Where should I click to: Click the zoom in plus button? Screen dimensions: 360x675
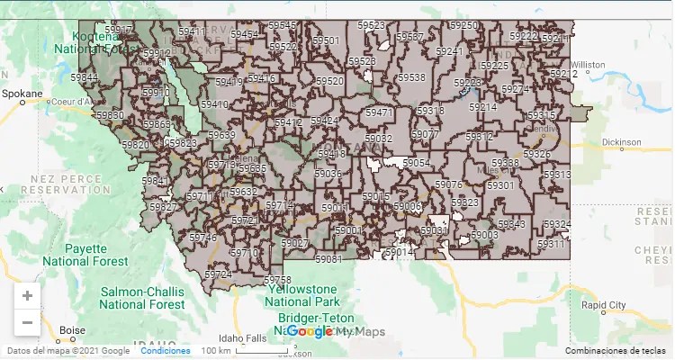tap(27, 296)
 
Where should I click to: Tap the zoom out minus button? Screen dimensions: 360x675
tap(27, 322)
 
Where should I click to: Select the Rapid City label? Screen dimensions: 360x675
tap(603, 305)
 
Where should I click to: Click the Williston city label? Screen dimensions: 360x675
tap(588, 65)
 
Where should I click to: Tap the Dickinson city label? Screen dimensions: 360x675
tap(621, 142)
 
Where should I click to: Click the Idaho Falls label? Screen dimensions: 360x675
tap(242, 338)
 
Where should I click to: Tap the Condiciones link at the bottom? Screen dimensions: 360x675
tap(166, 351)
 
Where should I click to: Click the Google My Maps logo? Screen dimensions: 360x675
tap(335, 331)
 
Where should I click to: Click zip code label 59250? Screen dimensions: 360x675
tap(464, 26)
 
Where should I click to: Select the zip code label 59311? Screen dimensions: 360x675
tap(551, 244)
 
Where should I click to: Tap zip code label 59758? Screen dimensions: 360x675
tap(277, 280)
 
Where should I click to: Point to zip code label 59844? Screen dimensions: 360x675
tap(85, 78)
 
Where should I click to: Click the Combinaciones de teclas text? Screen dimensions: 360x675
tap(616, 351)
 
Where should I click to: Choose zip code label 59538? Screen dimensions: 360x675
tap(410, 77)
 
